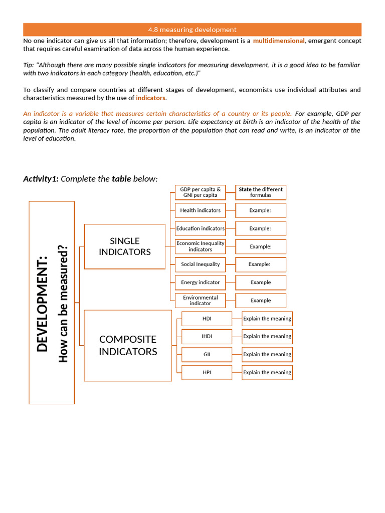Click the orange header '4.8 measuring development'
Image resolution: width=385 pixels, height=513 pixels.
[192, 30]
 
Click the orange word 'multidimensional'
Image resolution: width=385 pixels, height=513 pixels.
[278, 41]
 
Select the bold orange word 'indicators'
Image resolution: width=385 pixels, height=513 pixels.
[150, 98]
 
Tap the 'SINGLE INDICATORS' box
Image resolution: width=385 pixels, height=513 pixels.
[125, 246]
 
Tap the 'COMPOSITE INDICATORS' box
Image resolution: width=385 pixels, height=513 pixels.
[128, 346]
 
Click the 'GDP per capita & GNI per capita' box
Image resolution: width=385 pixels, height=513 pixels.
[200, 192]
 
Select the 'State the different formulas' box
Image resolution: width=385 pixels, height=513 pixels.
[261, 192]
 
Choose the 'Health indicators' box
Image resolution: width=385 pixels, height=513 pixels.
[200, 210]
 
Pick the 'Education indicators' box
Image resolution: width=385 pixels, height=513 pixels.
[200, 228]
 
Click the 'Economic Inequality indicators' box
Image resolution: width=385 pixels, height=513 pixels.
[200, 246]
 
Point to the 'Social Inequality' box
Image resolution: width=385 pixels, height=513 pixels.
[200, 265]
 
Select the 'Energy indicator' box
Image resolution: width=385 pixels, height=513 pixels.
[200, 283]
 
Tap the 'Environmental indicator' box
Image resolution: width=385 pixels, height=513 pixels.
[200, 301]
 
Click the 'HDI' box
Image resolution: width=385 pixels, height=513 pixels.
[207, 319]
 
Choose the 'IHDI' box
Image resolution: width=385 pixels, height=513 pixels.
[207, 337]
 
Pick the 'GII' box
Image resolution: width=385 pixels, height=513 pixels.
[207, 355]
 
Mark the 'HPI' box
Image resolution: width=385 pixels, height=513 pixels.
[207, 373]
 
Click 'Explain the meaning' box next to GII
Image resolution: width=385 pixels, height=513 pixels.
[267, 355]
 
